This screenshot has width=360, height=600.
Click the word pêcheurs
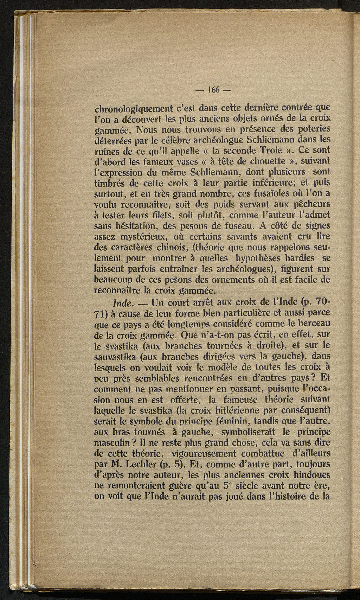308,205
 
